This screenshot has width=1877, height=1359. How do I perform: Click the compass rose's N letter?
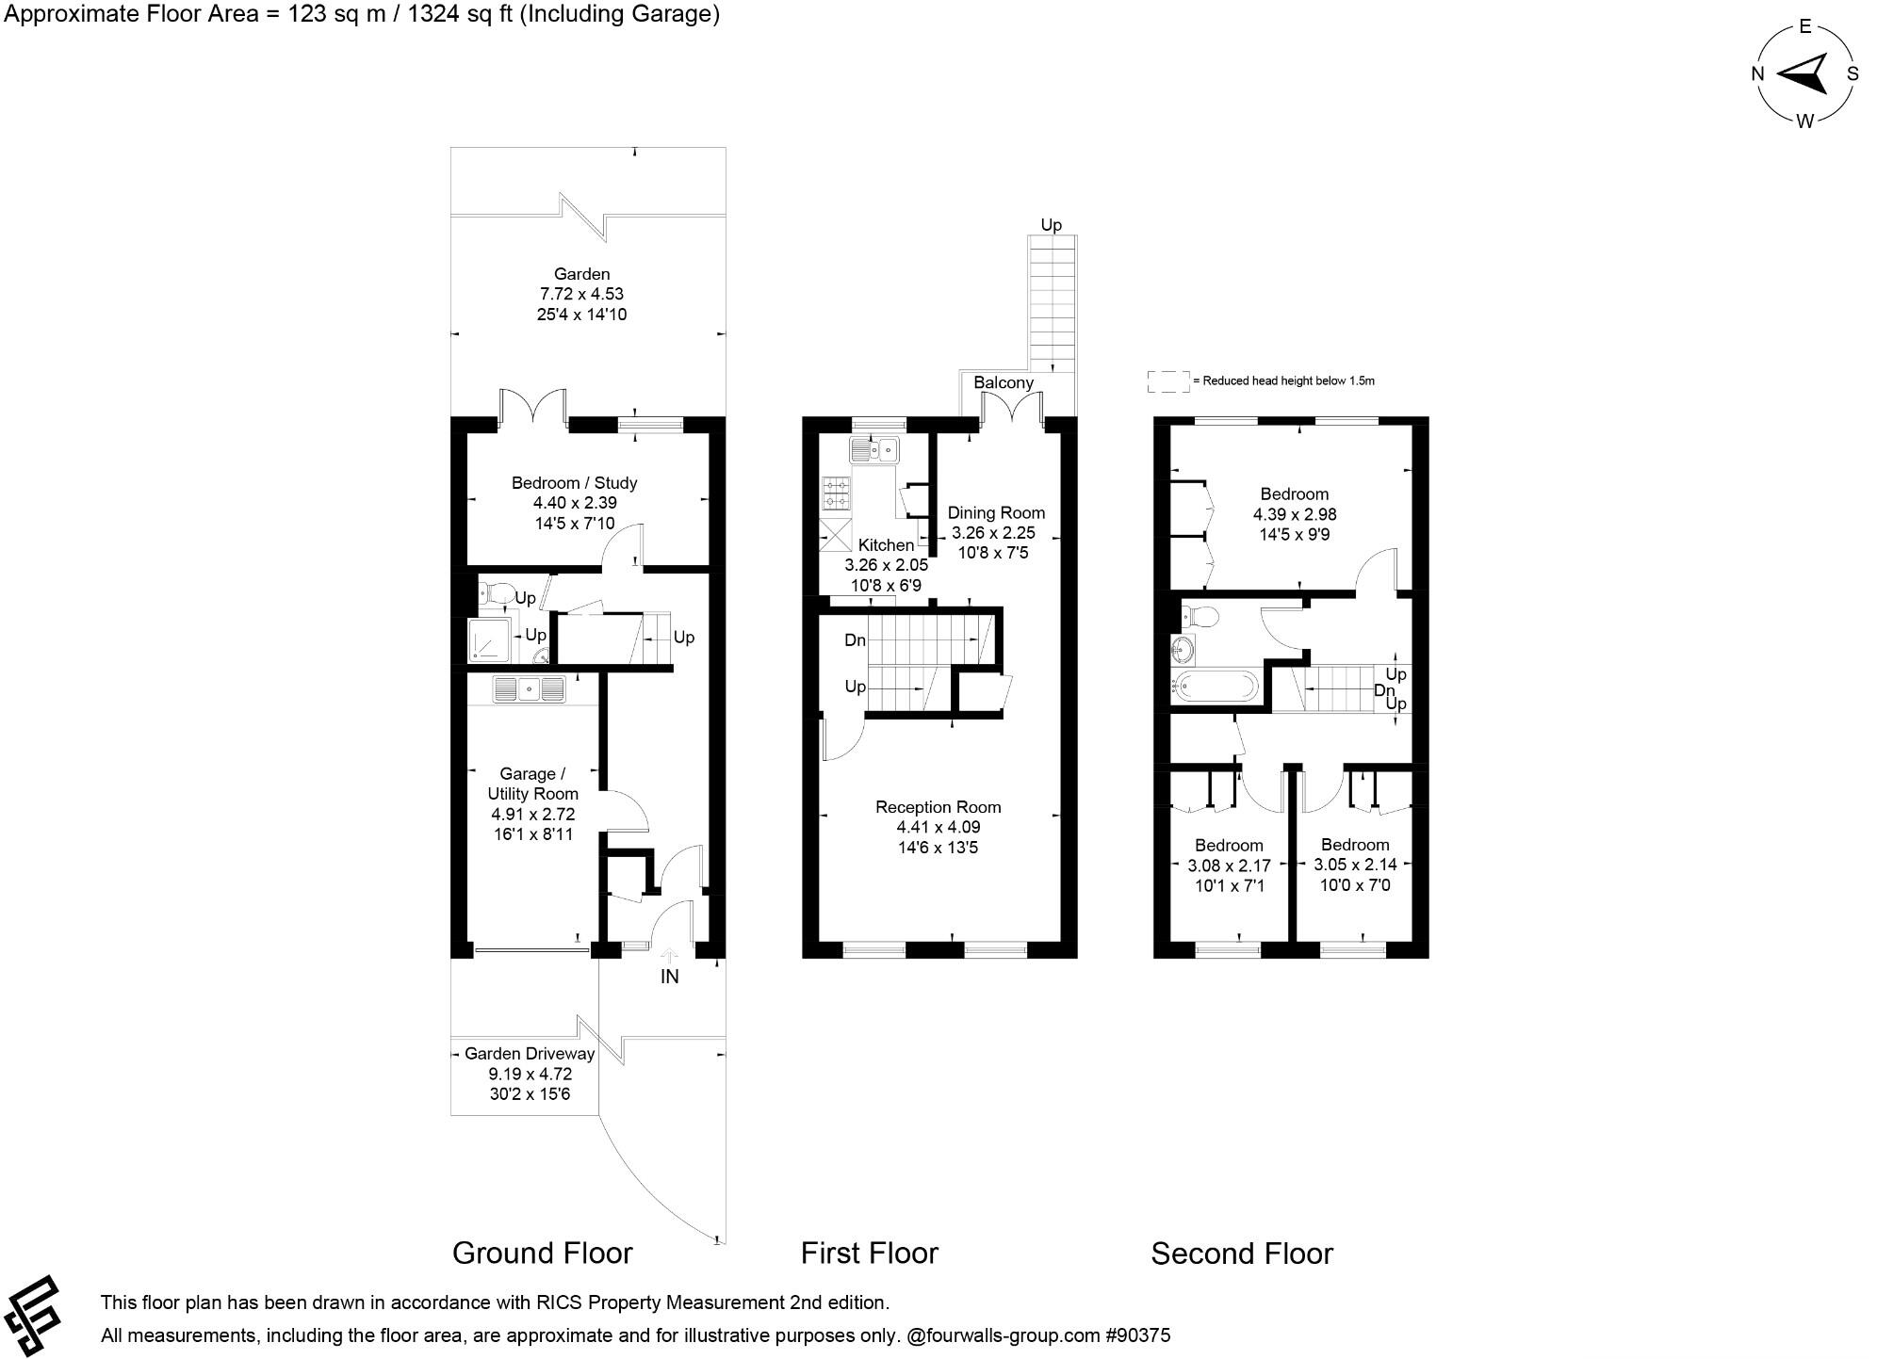pos(1757,73)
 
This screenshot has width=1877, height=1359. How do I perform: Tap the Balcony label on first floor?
pos(1003,382)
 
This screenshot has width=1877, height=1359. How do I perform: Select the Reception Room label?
pos(938,807)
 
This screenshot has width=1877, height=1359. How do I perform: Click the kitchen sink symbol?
pos(874,451)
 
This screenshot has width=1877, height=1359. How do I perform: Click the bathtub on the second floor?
pos(1216,685)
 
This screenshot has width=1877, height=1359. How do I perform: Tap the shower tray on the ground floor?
pos(489,640)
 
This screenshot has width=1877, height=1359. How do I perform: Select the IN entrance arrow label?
pos(669,977)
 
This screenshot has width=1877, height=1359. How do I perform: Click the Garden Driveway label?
pos(529,1054)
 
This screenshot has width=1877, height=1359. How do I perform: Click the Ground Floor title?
pos(542,1254)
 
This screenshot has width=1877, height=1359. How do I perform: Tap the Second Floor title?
pos(1241,1254)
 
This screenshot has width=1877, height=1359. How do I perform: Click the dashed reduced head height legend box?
pos(1167,381)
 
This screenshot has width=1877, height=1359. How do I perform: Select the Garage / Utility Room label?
pos(531,784)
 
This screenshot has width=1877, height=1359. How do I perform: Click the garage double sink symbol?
pos(529,689)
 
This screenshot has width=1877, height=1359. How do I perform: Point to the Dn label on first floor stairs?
pos(855,640)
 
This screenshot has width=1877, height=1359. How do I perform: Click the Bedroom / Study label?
pos(574,483)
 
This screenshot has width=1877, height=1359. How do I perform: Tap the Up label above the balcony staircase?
pos(1051,225)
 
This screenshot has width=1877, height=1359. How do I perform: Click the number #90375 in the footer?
pos(1137,1335)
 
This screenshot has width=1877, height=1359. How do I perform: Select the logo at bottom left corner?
pos(33,1316)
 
